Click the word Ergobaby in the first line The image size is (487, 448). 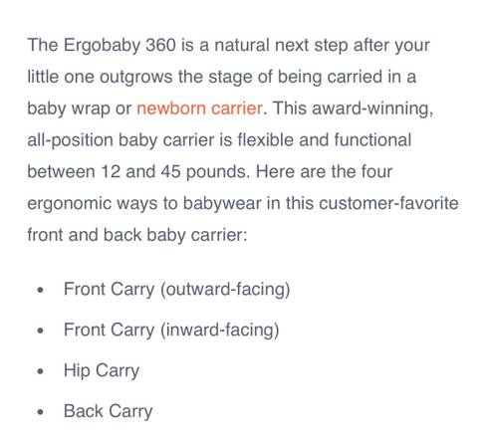(102, 46)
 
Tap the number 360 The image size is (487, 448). (160, 45)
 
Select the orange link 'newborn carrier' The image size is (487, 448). (199, 109)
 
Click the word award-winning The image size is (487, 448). (372, 109)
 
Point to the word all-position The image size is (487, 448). (70, 140)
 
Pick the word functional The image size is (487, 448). (372, 139)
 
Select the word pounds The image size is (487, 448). (218, 172)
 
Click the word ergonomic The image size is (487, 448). (69, 204)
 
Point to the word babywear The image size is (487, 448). (222, 204)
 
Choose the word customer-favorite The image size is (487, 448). (388, 203)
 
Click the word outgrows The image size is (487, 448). (136, 78)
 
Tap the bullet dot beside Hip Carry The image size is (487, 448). (41, 371)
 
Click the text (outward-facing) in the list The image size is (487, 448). (225, 290)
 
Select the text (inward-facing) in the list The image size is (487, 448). (219, 331)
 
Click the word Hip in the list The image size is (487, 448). (77, 371)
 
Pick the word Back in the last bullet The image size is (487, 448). (84, 411)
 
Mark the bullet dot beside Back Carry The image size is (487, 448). (41, 412)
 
